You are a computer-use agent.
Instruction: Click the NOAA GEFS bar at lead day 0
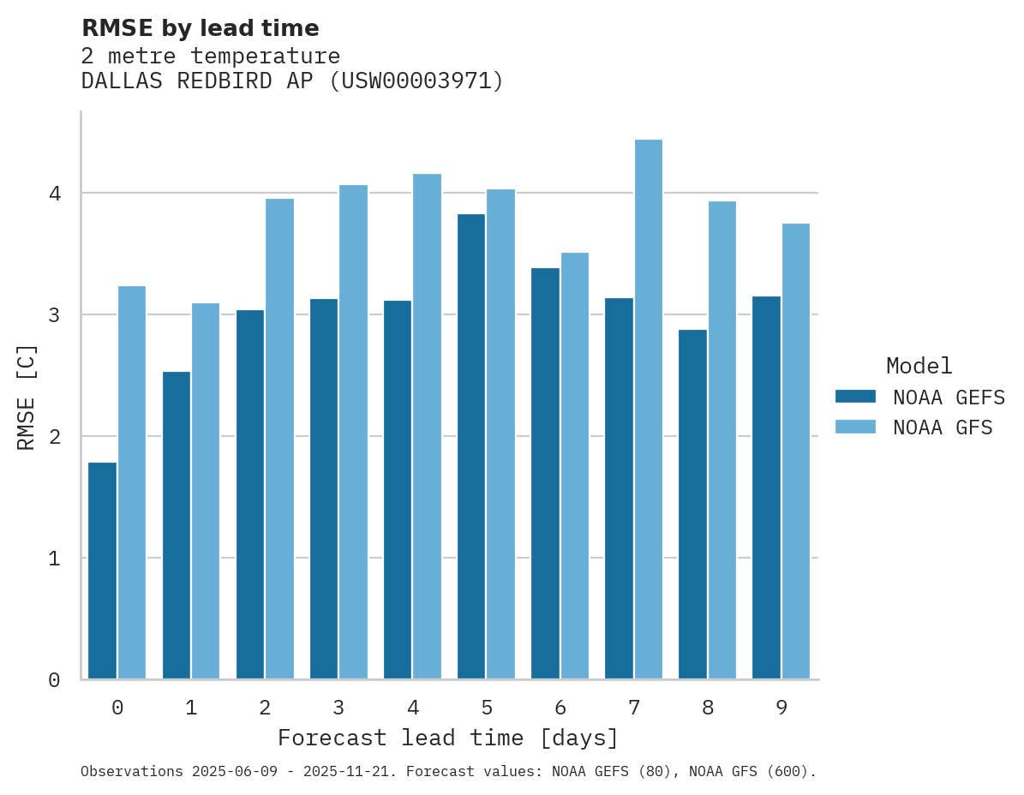103,571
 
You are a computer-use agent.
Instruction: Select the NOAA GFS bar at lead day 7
649,409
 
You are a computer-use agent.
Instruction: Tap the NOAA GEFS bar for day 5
471,446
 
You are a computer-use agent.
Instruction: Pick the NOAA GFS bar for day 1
206,491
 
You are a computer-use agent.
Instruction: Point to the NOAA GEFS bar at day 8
692,505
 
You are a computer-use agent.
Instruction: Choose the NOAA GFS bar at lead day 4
427,427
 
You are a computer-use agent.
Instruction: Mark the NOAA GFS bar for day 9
796,451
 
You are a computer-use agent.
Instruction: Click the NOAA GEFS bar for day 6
545,474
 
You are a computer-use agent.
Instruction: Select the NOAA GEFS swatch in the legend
855,397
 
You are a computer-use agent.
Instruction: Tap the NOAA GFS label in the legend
943,427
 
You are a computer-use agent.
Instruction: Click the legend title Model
919,367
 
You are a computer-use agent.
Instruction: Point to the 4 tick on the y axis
55,194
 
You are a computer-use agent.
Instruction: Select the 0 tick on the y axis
55,680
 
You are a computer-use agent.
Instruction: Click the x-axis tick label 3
338,708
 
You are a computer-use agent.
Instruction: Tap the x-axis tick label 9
781,708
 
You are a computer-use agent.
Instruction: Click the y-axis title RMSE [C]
27,397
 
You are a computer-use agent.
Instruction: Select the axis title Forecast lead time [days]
448,738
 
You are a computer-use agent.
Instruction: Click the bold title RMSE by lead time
201,28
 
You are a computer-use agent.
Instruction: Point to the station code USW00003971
416,81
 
